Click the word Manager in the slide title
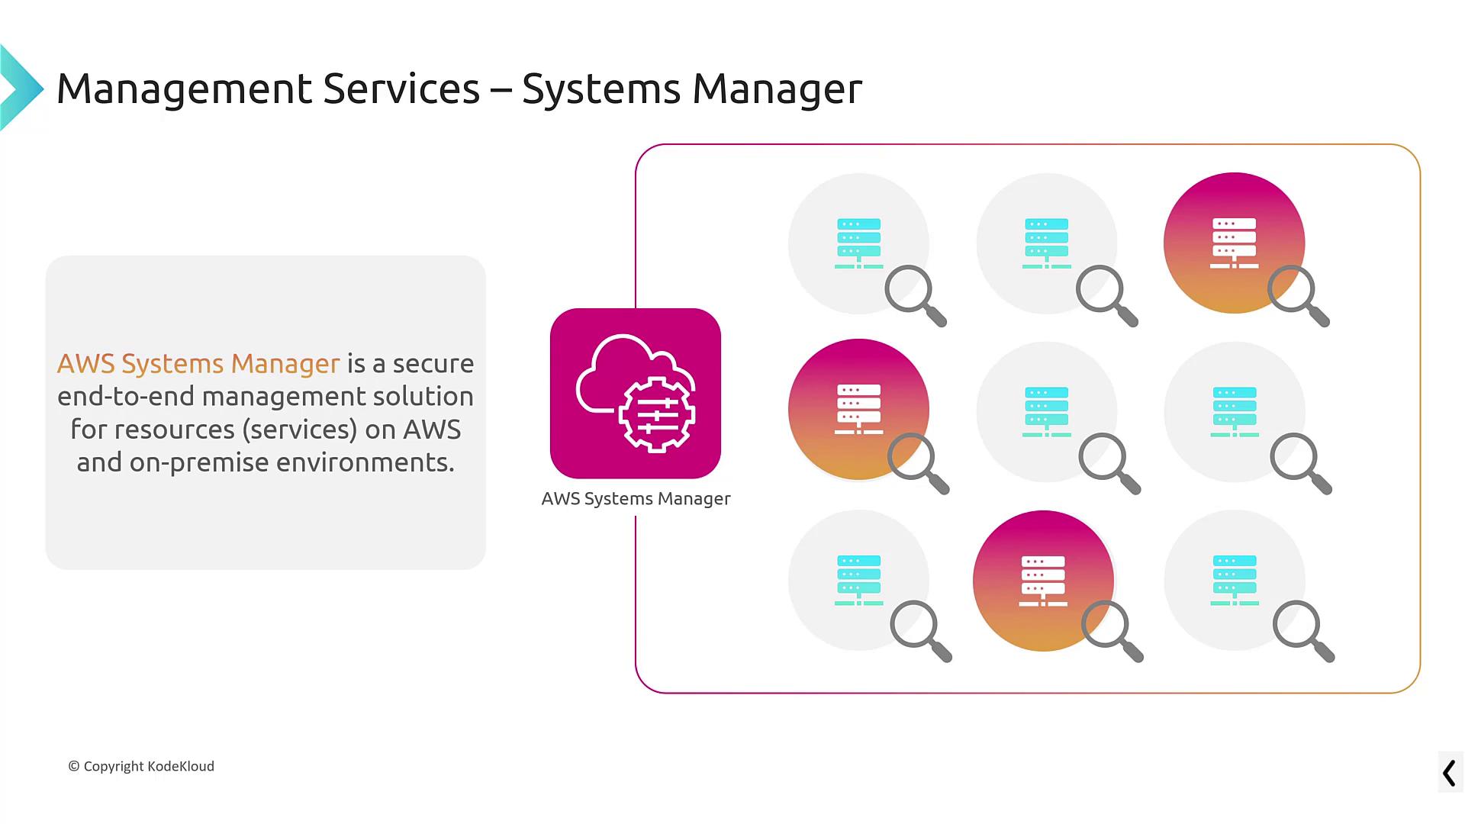tap(777, 89)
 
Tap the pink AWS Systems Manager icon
tap(635, 393)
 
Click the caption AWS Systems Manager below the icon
tap(636, 498)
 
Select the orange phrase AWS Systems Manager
tap(198, 363)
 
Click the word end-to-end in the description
tap(125, 397)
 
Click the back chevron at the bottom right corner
tap(1449, 773)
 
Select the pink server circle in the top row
tap(1233, 242)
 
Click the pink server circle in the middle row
tap(858, 408)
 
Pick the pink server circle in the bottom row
tap(1042, 580)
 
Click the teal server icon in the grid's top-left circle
tap(858, 243)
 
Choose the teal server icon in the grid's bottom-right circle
tap(1234, 581)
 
